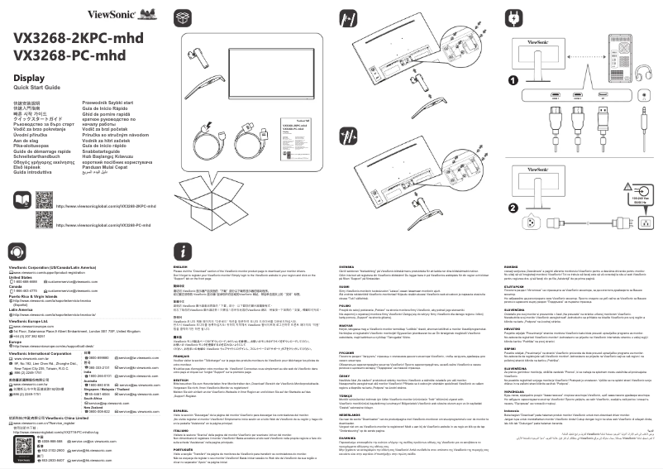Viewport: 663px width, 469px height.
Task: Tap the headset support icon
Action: pyautogui.click(x=16, y=251)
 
